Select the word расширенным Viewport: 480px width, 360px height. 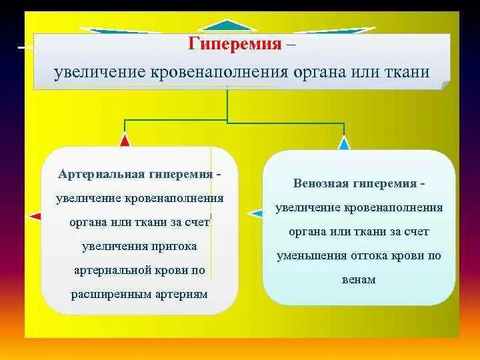tap(111, 294)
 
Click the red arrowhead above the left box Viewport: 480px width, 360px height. tap(125, 140)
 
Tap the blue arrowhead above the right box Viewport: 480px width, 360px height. tap(343, 143)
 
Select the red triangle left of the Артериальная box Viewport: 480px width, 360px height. tap(35, 216)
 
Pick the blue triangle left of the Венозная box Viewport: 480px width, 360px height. tap(255, 213)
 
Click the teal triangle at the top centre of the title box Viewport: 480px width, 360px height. tap(228, 25)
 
